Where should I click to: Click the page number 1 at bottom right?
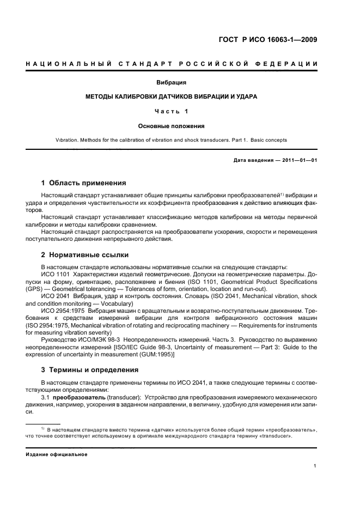(x=315, y=466)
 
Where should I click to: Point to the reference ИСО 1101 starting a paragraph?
(x=53, y=275)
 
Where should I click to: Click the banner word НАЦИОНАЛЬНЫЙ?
(x=66, y=65)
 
